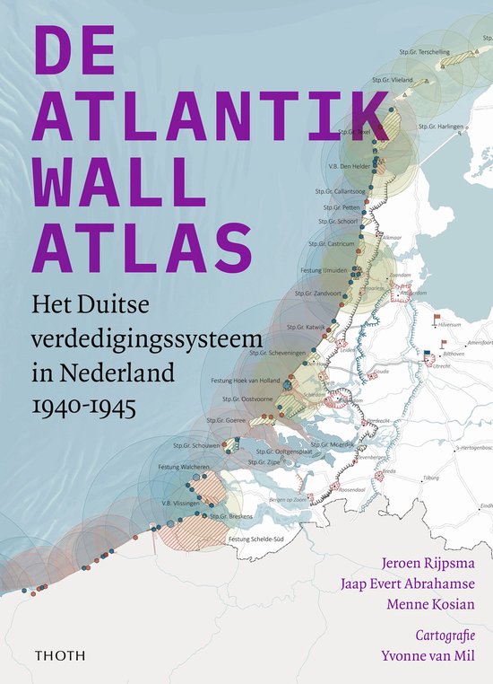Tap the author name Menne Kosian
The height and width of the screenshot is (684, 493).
tap(430, 606)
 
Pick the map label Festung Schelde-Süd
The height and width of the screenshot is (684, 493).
tap(255, 539)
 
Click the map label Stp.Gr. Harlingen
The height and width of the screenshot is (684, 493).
tap(445, 127)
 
